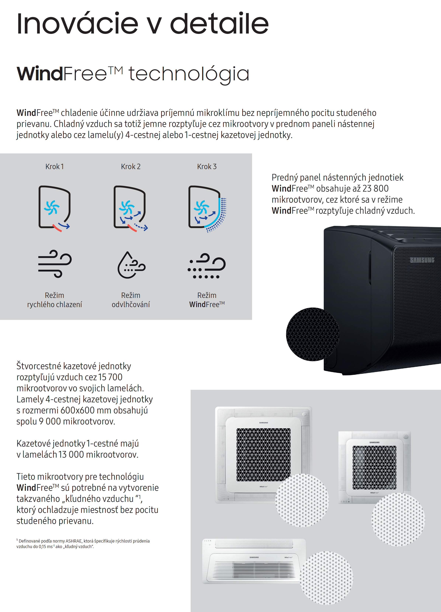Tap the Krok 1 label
tap(55, 167)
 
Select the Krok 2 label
tap(131, 167)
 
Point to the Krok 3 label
tap(207, 167)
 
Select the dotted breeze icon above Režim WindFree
tap(207, 266)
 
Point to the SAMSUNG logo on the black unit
tap(422, 260)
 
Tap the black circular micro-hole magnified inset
tap(313, 334)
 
